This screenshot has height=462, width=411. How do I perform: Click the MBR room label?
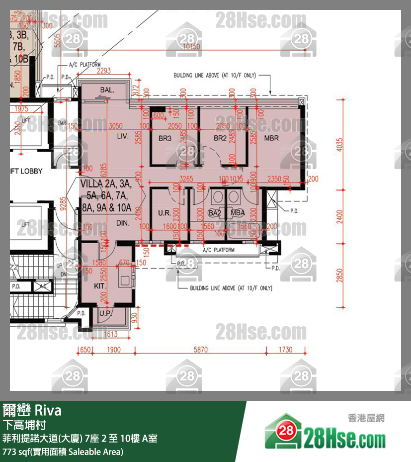[x=271, y=138]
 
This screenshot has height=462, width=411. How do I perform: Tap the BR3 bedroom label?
[x=165, y=138]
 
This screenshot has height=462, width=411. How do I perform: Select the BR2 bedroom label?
[x=220, y=138]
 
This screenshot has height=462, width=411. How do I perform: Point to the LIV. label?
[x=123, y=136]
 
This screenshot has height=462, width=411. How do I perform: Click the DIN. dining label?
[x=123, y=224]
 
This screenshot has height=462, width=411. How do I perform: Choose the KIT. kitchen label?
[x=101, y=286]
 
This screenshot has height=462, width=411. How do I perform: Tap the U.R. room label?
[x=164, y=213]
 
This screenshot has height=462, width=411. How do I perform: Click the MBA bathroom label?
[x=238, y=213]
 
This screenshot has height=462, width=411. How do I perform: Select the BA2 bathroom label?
[x=214, y=213]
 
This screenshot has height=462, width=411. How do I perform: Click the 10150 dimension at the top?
[x=191, y=46]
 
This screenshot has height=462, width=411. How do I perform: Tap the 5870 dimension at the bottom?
[x=200, y=350]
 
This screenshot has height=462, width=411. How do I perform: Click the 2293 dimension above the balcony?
[x=104, y=71]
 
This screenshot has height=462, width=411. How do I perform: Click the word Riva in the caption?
[x=48, y=411]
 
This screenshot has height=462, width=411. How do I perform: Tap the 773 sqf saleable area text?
[x=63, y=452]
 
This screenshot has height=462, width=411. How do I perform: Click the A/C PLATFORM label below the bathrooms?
[x=218, y=250]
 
